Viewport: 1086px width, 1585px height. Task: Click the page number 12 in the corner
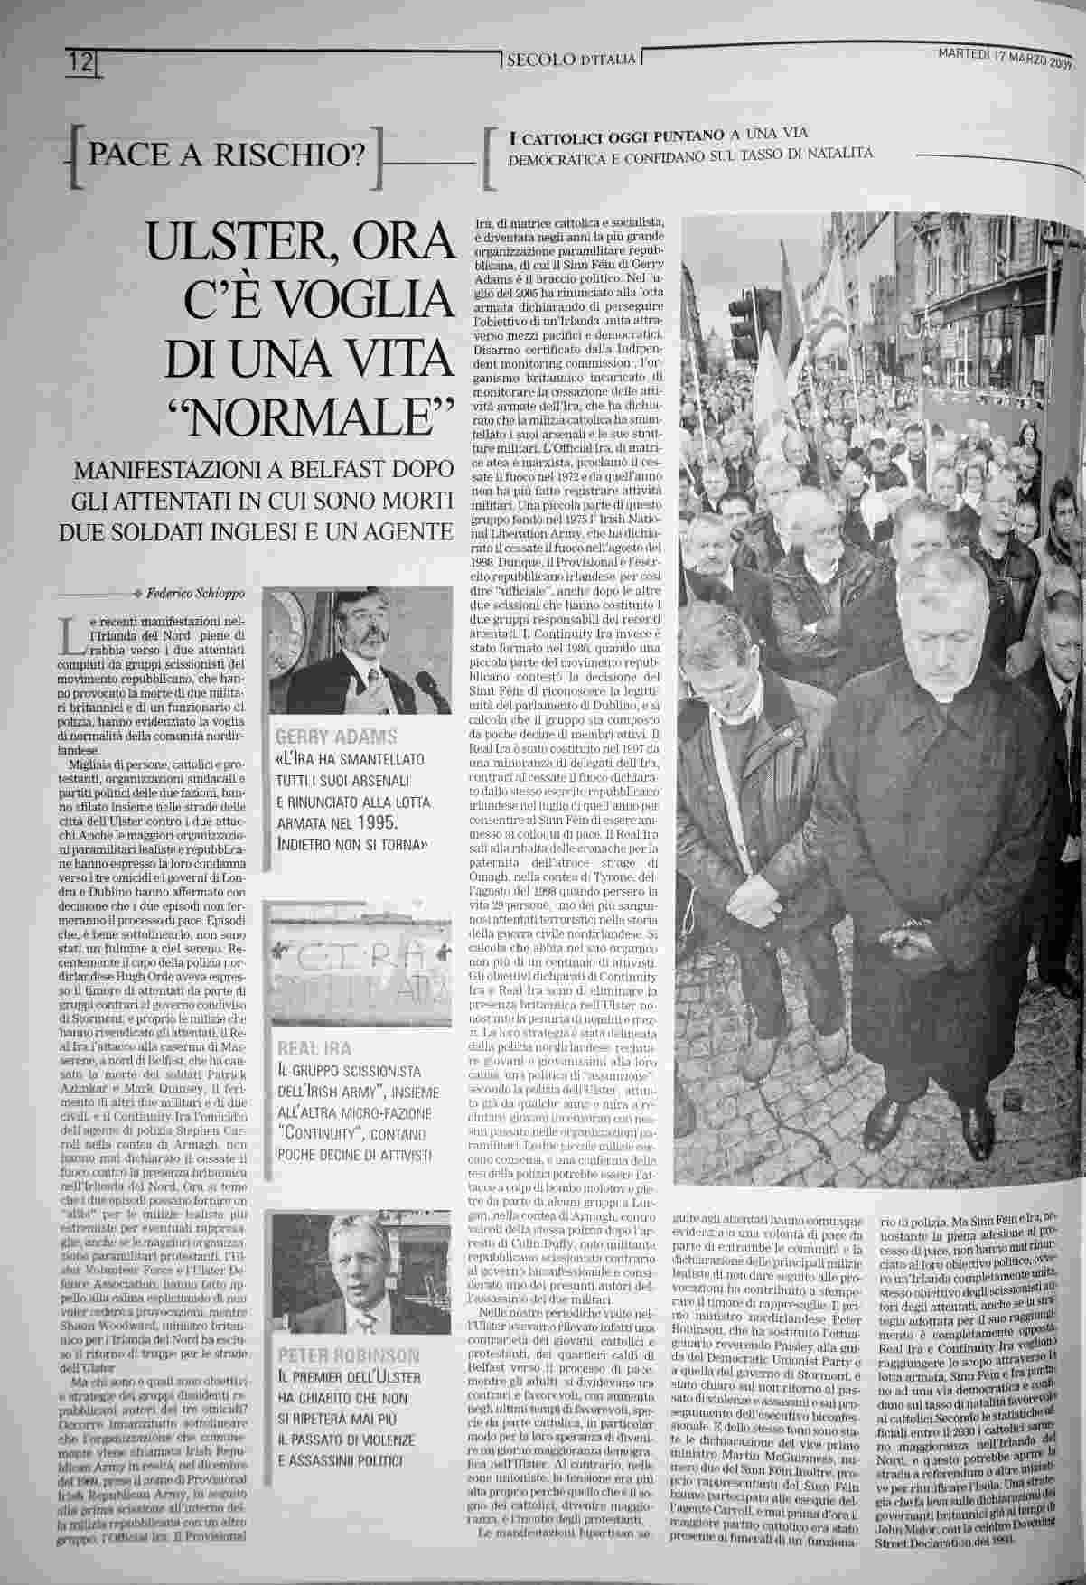tap(81, 63)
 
